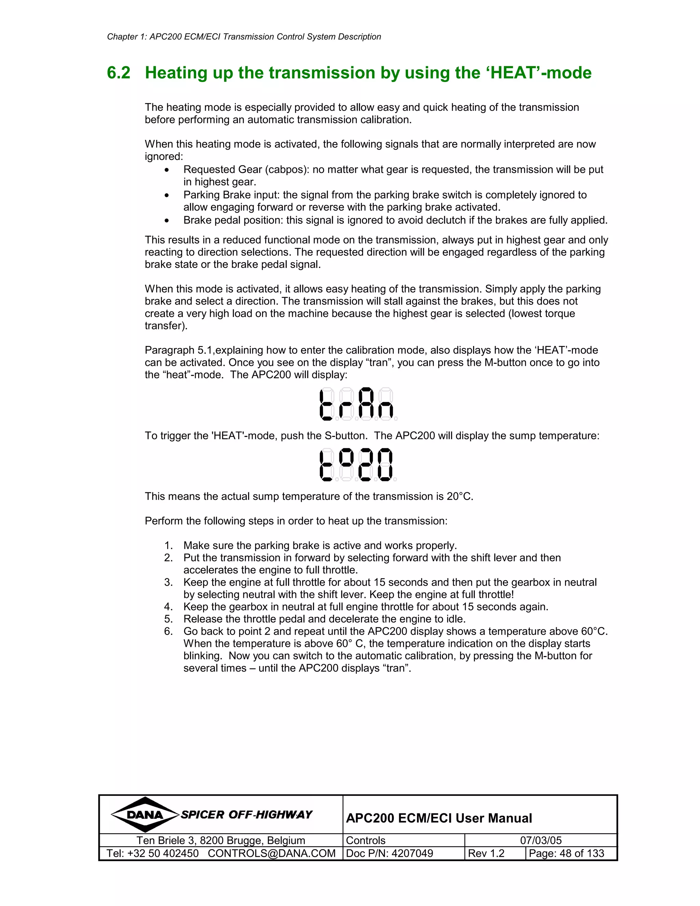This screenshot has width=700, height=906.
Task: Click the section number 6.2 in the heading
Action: coord(119,73)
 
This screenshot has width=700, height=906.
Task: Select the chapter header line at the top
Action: coord(244,37)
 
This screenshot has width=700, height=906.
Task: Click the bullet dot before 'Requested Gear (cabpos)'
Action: coord(167,170)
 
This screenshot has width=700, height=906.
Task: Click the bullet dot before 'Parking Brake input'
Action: coord(167,195)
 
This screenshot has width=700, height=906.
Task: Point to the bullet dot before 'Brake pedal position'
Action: coord(167,221)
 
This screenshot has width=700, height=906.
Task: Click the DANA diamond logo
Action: coord(145,815)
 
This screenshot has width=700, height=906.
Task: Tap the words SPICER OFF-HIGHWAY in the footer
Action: coord(246,815)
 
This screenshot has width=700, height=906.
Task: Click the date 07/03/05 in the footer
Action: coord(541,840)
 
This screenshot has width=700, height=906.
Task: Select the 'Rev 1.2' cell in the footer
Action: coord(486,853)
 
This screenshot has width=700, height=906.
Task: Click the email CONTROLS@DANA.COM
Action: coord(272,853)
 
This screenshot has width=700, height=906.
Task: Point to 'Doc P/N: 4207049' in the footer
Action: coord(389,853)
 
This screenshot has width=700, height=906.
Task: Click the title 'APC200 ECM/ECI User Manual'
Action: coord(439,818)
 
